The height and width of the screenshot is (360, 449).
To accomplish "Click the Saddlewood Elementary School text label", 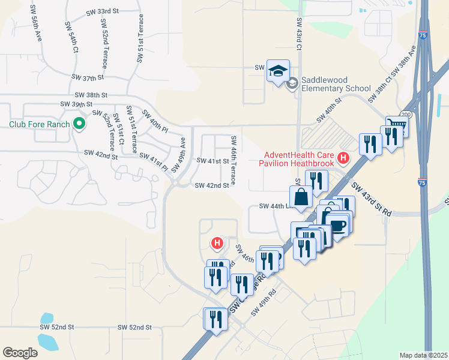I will point(336,83).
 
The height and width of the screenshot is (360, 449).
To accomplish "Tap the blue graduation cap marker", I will point(278,71).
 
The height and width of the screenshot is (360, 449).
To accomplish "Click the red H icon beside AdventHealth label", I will point(343,158).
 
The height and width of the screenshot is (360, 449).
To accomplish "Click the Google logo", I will point(20,352).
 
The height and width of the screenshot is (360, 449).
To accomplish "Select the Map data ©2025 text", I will point(423,355).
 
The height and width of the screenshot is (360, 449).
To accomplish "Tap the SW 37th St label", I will point(88,77).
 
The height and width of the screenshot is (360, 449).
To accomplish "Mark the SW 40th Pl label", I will point(154,120).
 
